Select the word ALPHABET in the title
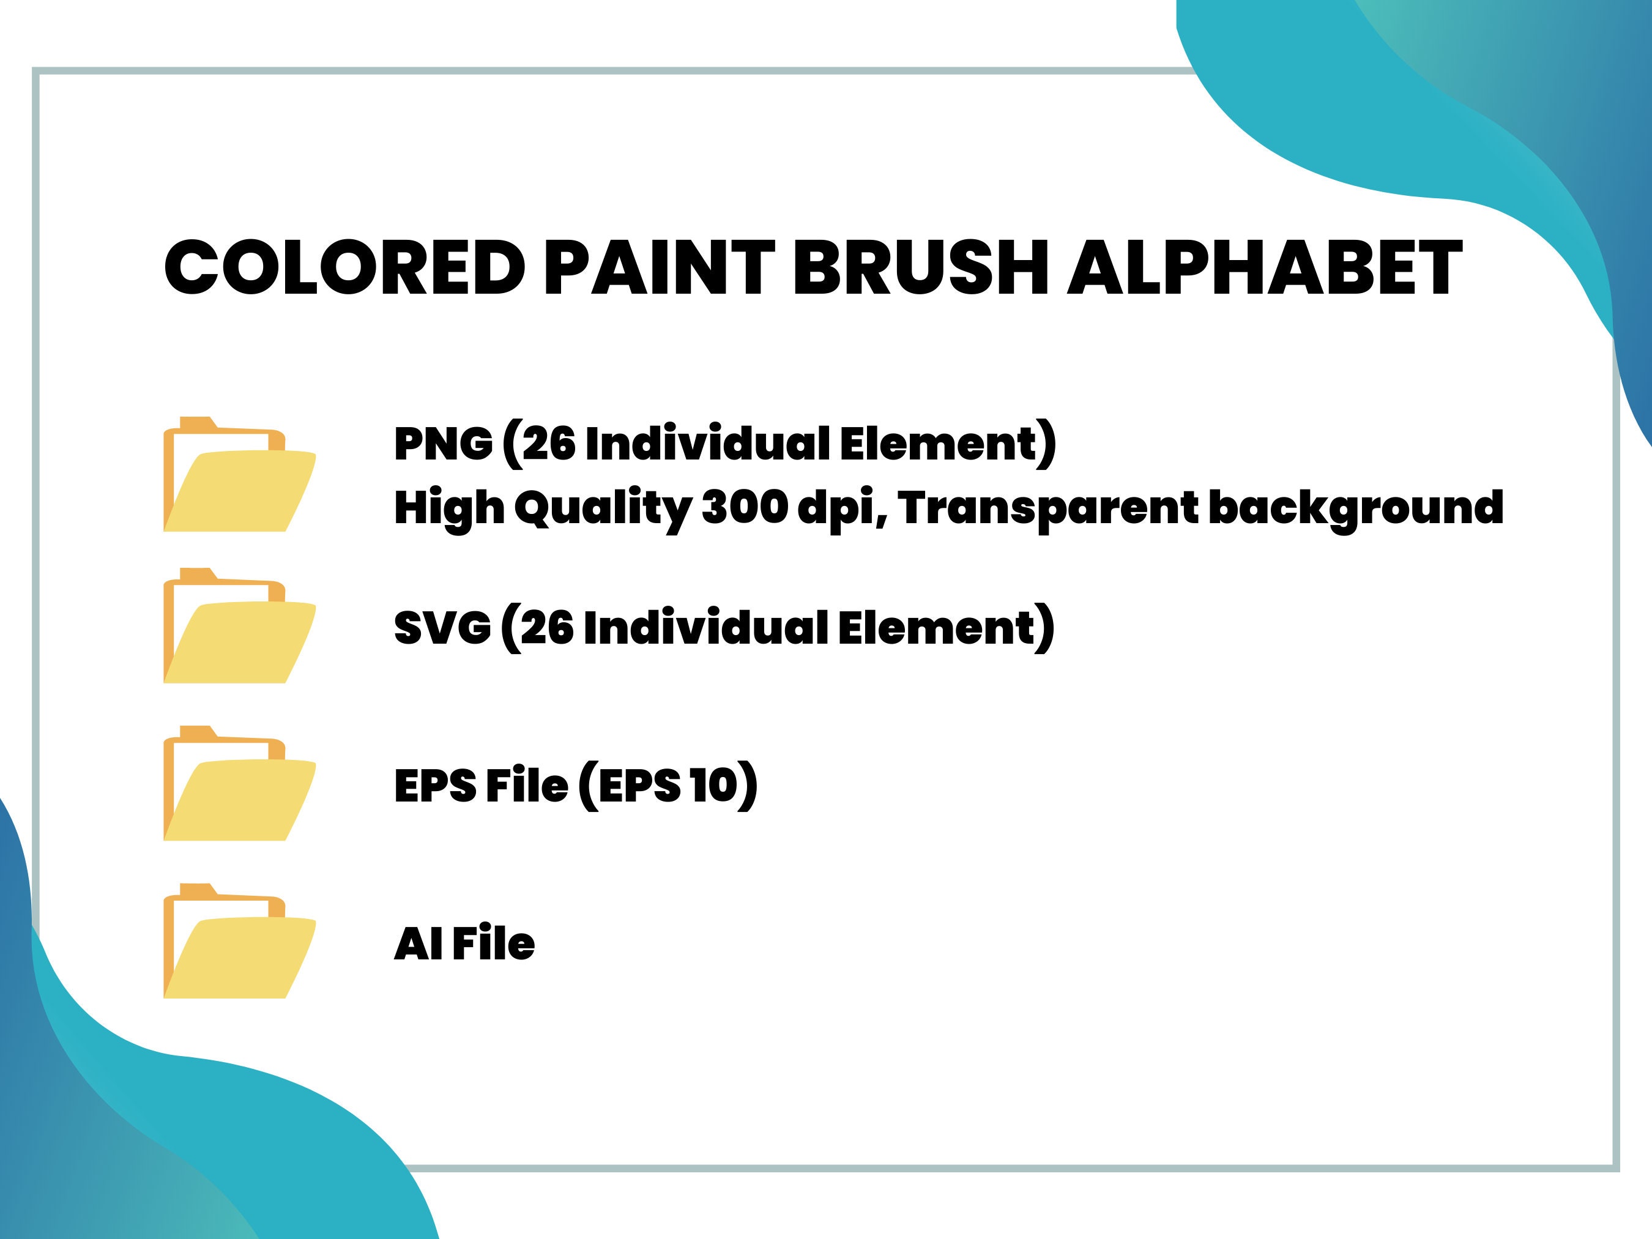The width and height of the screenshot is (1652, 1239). pos(1263,268)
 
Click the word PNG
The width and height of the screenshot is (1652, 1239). pos(443,444)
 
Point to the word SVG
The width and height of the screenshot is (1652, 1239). pos(442,627)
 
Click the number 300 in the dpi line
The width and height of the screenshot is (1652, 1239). pos(745,507)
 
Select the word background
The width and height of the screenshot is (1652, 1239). pos(1355,508)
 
